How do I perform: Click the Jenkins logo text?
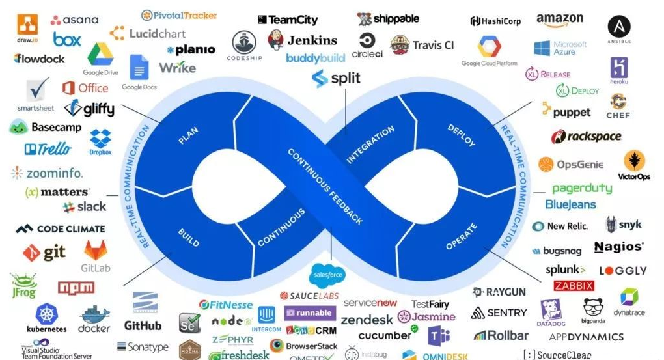point(312,40)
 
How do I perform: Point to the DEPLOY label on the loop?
point(462,135)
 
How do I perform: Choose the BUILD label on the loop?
point(188,240)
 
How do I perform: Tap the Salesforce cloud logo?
point(327,275)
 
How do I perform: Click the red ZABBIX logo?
point(574,286)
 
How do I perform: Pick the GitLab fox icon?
point(95,250)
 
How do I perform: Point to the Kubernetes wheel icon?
point(47,314)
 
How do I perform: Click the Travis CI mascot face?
point(400,44)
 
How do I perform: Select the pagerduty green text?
point(582,188)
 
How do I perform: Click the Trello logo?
point(48,149)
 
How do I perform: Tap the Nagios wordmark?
point(618,247)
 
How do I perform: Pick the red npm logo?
point(76,287)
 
